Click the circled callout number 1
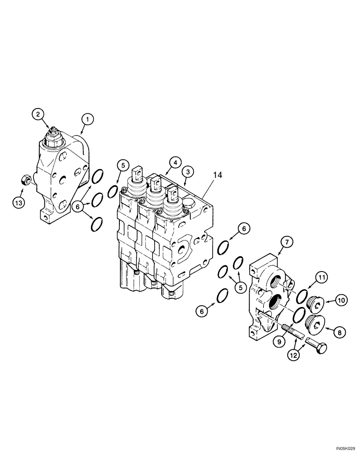tap(87, 119)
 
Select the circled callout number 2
tap(38, 113)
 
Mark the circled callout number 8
tap(340, 331)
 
